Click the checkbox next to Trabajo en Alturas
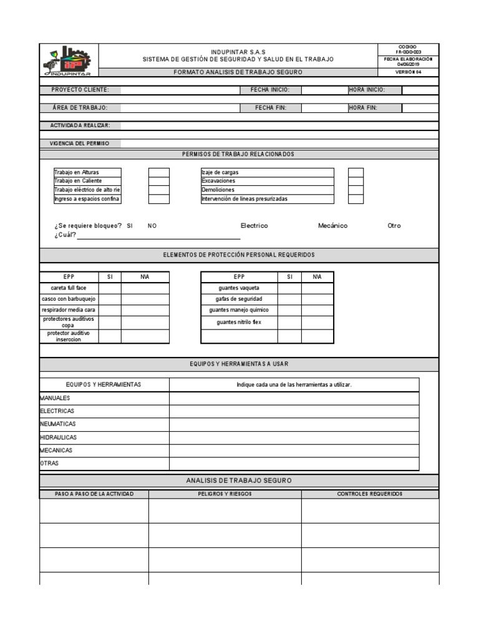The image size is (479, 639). (158, 172)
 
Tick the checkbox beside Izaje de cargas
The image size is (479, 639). (356, 172)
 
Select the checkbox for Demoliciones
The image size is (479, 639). (356, 190)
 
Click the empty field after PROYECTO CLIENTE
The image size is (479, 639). (181, 90)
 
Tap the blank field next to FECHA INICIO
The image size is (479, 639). (324, 90)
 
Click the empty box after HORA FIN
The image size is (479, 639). (420, 107)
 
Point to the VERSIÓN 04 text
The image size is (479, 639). (409, 72)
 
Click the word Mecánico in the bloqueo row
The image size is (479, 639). (332, 225)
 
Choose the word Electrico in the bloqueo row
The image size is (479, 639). (254, 225)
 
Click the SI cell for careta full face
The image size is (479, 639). (110, 288)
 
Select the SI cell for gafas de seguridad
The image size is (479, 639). (289, 299)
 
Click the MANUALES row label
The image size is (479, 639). (56, 398)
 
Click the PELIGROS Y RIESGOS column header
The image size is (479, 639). (225, 494)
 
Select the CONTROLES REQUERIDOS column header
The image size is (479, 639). (370, 494)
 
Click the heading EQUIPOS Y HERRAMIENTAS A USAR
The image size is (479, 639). (239, 364)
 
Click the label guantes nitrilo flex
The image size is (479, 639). (239, 322)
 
